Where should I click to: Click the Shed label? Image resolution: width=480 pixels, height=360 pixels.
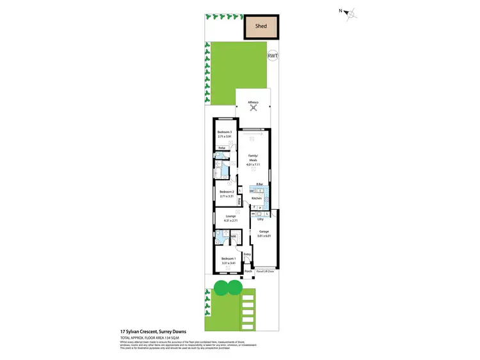[x=260, y=26]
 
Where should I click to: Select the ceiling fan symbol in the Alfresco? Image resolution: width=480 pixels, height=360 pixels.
[x=253, y=107]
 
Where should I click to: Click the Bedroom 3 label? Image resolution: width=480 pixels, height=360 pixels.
[x=224, y=132]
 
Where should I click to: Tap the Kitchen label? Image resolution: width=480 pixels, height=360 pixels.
[x=257, y=199]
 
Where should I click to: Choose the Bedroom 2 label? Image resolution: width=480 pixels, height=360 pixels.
[x=226, y=192]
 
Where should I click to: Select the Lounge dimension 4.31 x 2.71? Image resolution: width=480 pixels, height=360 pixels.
[x=230, y=221]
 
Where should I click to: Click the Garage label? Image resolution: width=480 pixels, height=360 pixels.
[x=264, y=231]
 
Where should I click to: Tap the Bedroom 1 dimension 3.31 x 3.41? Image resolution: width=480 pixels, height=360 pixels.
[x=228, y=262]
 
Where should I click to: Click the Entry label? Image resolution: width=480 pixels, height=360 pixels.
[x=248, y=254]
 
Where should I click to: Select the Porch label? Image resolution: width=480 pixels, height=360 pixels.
[x=248, y=271]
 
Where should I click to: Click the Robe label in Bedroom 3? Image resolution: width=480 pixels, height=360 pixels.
[x=222, y=148]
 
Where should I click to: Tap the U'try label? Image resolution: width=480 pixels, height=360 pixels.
[x=260, y=219]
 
